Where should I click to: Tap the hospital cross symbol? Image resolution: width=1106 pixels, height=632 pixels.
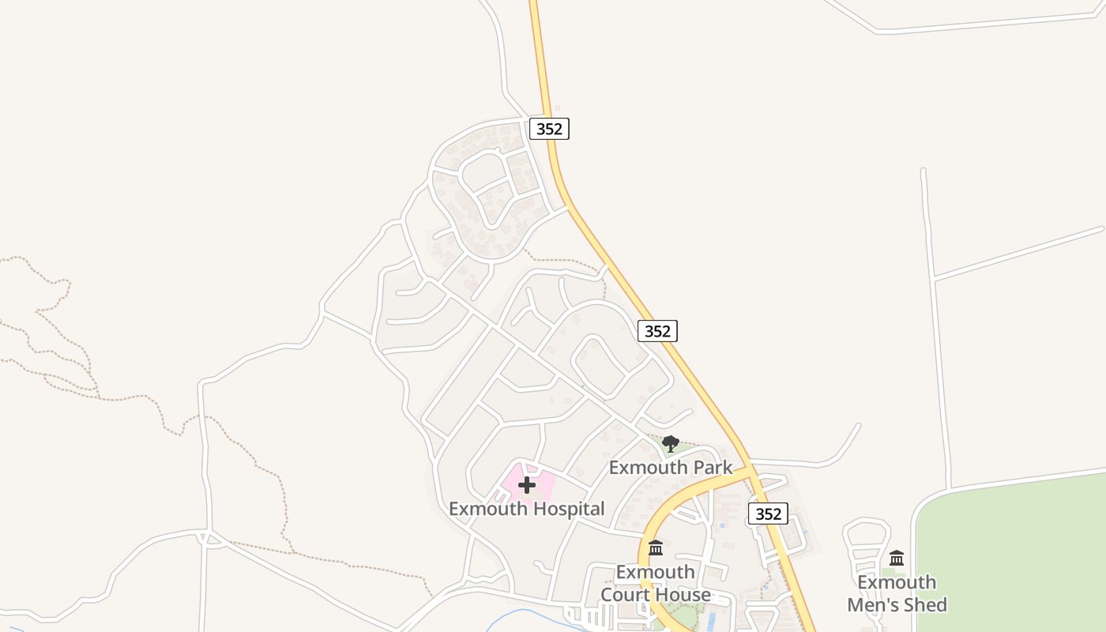point(527,484)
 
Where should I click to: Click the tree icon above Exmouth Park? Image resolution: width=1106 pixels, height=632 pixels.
point(671,443)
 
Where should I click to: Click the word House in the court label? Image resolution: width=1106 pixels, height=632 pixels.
point(683,595)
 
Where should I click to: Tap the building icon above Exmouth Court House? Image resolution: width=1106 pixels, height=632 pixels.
point(656,547)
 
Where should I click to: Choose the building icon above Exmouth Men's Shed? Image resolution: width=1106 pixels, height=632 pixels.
point(897,559)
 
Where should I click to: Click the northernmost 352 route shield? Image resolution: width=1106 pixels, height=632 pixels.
point(549,129)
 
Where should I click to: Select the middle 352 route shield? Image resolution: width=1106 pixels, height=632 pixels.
point(657,331)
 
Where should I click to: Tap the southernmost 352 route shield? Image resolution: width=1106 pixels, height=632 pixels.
point(768,513)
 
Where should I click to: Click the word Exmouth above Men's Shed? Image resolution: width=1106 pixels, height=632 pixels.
point(897,583)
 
